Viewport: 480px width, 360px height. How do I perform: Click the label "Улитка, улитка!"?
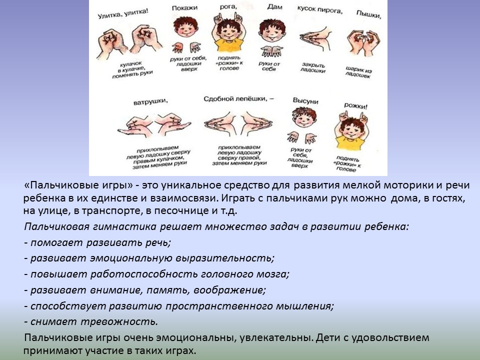(x=123, y=14)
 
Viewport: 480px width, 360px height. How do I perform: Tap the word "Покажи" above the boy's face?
(x=184, y=8)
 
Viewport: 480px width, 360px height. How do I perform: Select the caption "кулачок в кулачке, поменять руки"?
(x=131, y=70)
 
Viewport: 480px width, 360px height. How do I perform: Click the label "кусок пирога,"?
(x=319, y=9)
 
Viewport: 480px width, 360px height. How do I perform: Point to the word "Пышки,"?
(x=369, y=14)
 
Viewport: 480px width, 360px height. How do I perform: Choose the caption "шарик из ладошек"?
(x=358, y=72)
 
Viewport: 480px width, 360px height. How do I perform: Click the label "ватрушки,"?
(x=150, y=101)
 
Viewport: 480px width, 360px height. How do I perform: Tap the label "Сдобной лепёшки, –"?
(x=238, y=98)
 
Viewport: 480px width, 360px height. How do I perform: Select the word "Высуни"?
(x=305, y=100)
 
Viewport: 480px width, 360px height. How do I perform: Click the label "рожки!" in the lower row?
(x=355, y=106)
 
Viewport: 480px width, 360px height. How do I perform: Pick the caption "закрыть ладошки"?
(x=313, y=67)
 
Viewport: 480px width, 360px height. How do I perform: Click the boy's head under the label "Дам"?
(x=272, y=30)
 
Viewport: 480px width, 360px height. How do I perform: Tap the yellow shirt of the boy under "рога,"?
(x=229, y=45)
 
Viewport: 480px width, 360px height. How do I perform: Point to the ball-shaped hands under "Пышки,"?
(x=363, y=42)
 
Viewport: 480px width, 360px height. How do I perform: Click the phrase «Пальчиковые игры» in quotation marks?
(x=78, y=185)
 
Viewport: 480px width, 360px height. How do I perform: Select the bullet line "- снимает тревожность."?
(x=91, y=321)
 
